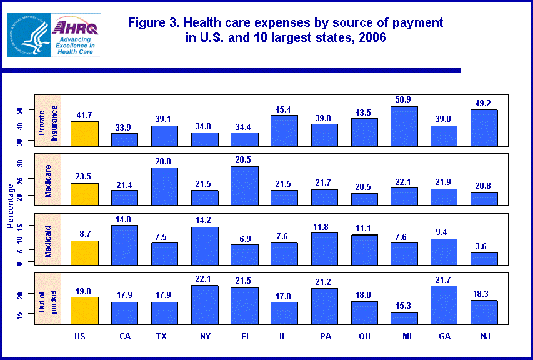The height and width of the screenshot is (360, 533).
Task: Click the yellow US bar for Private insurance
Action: point(84,134)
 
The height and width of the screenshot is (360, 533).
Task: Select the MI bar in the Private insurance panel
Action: point(404,126)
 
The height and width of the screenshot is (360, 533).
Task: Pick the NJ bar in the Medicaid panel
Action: point(484,259)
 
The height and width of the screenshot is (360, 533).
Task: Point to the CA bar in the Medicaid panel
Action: point(124,245)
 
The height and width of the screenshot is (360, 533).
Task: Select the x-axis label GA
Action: point(444,336)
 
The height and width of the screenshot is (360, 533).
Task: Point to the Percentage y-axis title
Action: point(9,206)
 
